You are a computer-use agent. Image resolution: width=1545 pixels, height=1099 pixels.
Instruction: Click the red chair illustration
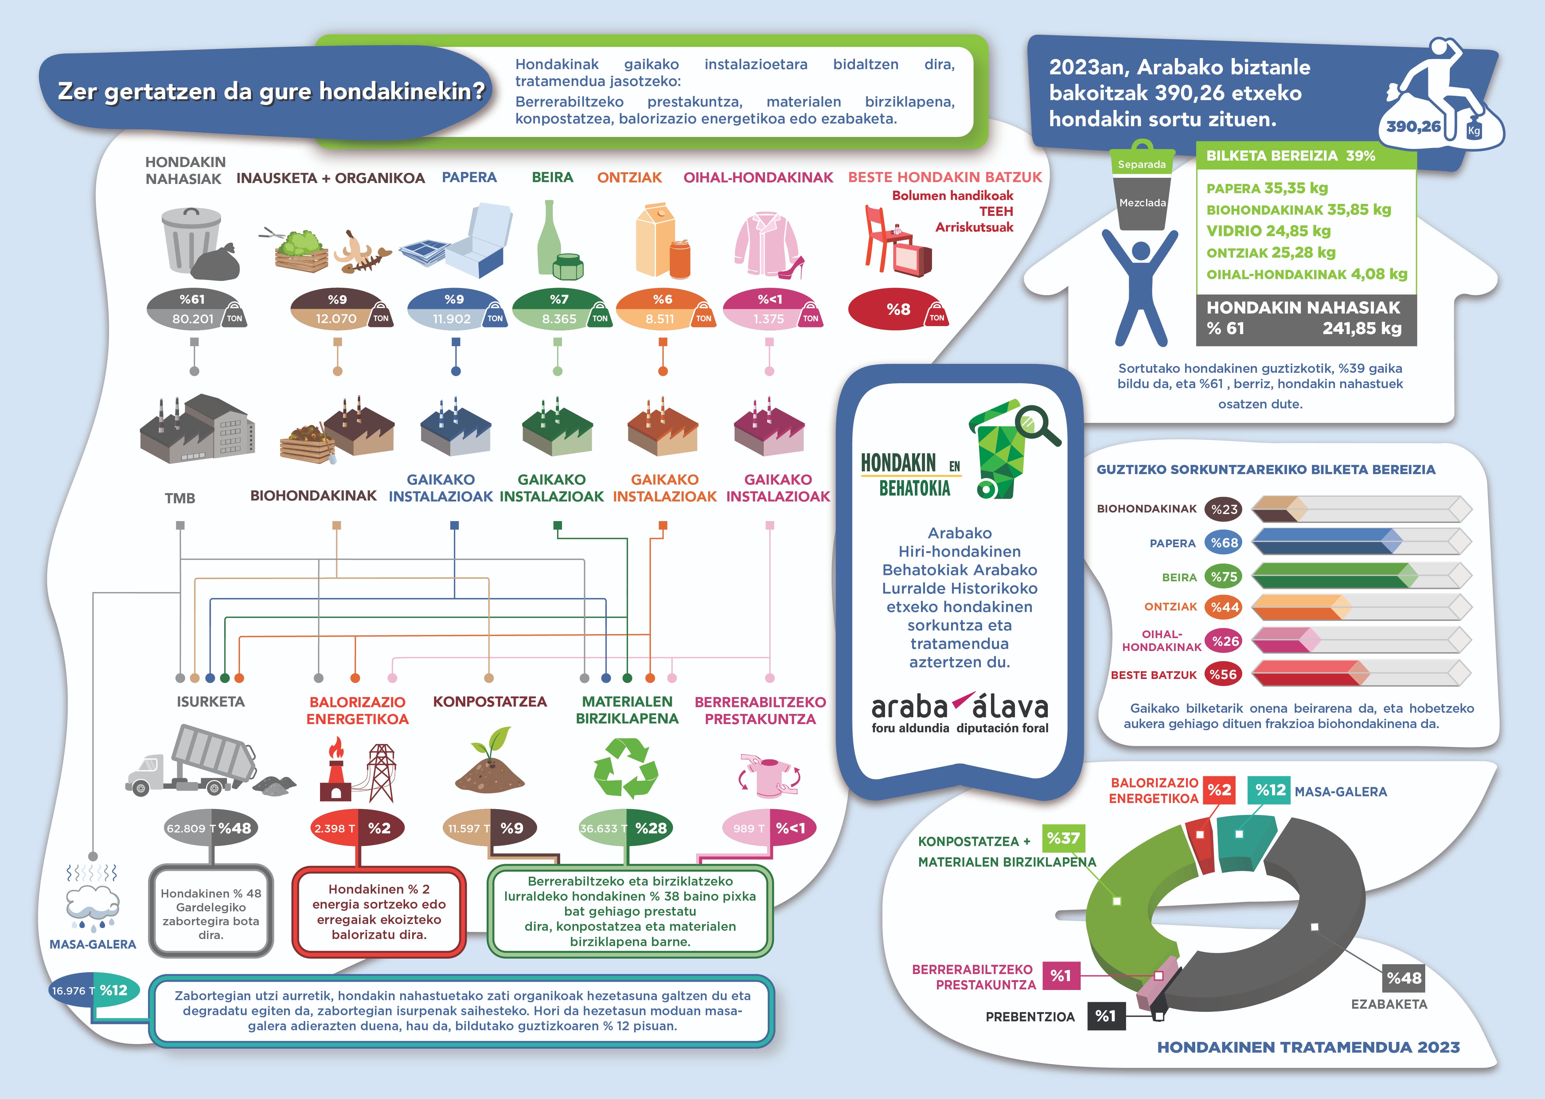[x=880, y=237]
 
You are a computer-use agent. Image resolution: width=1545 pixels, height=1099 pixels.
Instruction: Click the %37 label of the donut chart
[x=1063, y=838]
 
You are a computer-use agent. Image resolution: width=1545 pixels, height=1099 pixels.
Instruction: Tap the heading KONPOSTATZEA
[x=490, y=702]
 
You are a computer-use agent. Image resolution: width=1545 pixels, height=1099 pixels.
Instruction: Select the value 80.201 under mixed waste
[x=193, y=319]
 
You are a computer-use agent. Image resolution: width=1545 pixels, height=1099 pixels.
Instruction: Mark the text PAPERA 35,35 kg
[x=1267, y=188]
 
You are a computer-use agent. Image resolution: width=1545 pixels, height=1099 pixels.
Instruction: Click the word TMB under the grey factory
[x=180, y=498]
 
